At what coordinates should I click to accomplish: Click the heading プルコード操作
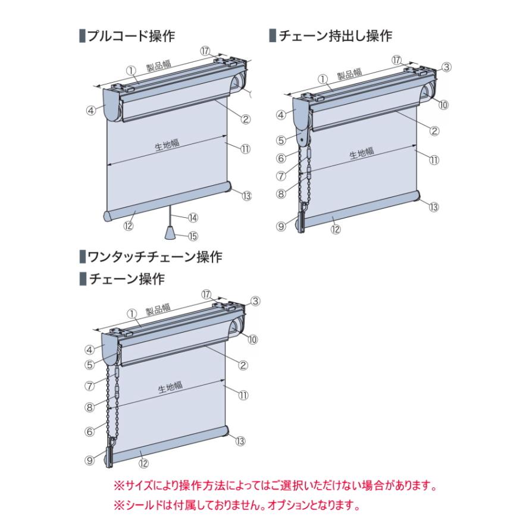click(x=130, y=36)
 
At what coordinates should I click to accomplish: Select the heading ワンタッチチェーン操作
click(x=154, y=257)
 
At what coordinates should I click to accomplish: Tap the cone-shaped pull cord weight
click(x=170, y=231)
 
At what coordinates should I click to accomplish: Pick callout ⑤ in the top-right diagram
click(x=281, y=141)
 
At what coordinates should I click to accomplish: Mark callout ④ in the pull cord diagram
click(x=91, y=110)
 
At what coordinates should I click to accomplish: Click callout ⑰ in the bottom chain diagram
click(x=206, y=295)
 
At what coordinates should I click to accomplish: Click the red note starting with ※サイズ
click(x=275, y=486)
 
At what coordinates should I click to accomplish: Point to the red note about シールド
click(x=236, y=506)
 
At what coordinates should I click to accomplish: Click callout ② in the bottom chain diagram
click(x=243, y=365)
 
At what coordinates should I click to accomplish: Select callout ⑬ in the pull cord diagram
click(x=248, y=196)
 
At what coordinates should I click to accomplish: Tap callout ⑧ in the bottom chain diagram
click(x=90, y=408)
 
